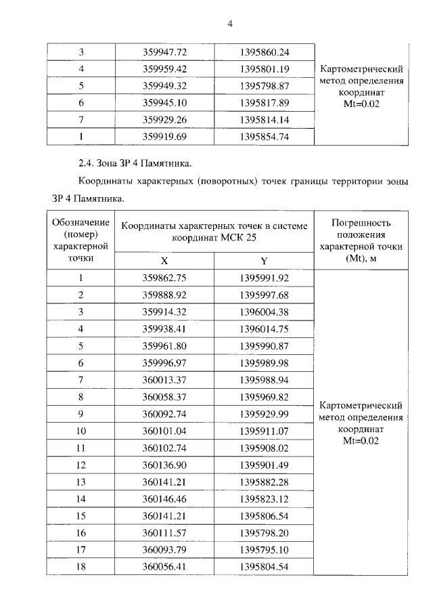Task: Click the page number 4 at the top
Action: click(229, 25)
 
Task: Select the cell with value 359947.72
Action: click(164, 51)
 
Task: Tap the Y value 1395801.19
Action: click(264, 68)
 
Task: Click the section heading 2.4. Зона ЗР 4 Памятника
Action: click(135, 163)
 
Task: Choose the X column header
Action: click(164, 261)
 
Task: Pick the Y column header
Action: click(264, 261)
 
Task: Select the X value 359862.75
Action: click(164, 278)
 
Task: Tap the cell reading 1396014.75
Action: click(264, 329)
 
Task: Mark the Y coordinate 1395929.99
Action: click(264, 414)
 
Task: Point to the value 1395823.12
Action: click(264, 499)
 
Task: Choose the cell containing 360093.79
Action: click(164, 550)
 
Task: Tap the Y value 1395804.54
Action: click(264, 567)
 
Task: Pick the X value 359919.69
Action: click(164, 137)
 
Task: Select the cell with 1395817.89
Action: click(264, 103)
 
